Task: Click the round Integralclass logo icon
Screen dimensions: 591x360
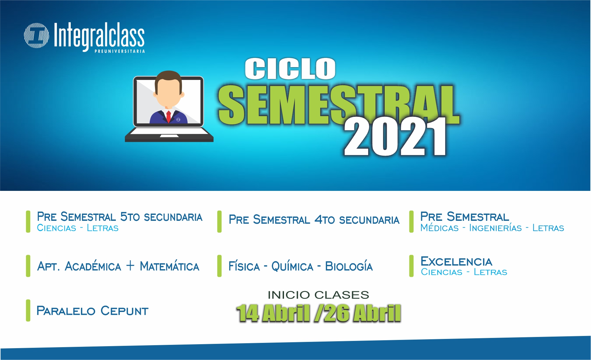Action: point(37,36)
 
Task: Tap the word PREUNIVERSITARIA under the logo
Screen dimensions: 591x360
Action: point(120,51)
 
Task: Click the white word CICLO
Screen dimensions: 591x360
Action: point(290,69)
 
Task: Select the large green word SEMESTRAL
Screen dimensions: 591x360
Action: point(339,105)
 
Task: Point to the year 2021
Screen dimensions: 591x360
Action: point(395,137)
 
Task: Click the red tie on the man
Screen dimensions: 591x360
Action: point(168,116)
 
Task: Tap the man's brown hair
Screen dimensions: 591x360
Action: point(168,77)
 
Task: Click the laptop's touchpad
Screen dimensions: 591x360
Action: point(169,136)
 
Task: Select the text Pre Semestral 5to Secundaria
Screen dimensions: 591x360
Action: point(120,217)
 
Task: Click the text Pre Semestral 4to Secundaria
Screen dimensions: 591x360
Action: point(314,219)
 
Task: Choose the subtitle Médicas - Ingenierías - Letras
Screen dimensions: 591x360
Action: point(492,228)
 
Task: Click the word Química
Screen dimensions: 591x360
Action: point(292,266)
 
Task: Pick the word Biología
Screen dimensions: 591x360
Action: point(349,266)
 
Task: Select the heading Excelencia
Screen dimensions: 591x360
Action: point(456,262)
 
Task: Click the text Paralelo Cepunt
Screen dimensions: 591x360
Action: point(92,311)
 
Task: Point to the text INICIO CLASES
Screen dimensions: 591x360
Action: point(318,295)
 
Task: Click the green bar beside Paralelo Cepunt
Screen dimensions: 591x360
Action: point(28,310)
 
